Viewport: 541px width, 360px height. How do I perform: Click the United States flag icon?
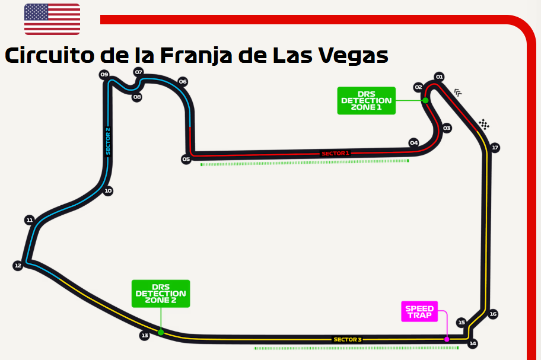(52, 19)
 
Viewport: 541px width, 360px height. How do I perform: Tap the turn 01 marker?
(440, 77)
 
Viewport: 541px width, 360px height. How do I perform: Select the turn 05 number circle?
(186, 159)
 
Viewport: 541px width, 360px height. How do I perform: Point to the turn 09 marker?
(104, 75)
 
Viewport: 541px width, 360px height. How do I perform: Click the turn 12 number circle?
(18, 266)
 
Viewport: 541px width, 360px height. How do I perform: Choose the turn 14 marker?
(473, 343)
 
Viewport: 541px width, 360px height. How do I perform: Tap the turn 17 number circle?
(495, 148)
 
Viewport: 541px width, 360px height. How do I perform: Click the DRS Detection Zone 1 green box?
(366, 101)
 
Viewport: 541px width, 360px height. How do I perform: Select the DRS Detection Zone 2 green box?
(161, 294)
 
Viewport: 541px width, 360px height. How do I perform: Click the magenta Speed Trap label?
(419, 312)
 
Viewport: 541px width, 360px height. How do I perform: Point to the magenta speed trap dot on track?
(447, 339)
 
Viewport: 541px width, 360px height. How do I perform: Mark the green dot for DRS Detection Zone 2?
(161, 332)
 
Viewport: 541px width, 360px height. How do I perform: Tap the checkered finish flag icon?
(484, 124)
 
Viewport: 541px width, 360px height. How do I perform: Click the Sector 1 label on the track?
(335, 153)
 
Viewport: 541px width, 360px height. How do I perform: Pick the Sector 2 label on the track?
(108, 141)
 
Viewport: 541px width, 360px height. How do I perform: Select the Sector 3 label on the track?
(347, 339)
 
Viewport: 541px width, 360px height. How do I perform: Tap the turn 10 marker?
(108, 191)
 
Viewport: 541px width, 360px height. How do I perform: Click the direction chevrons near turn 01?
(458, 93)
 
